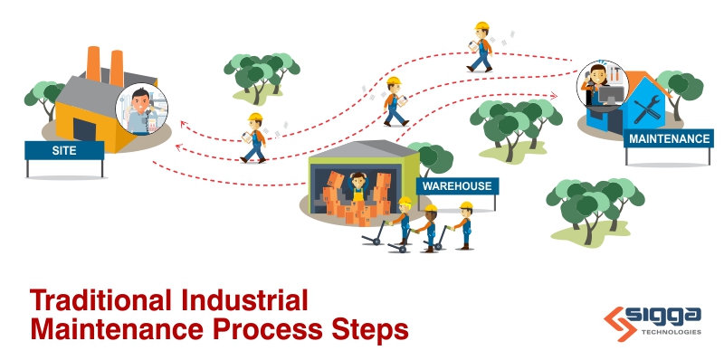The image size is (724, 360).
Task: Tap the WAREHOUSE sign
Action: point(455,187)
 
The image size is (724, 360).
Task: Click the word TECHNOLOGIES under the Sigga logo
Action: point(669,332)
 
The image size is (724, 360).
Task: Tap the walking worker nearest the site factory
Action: point(255,138)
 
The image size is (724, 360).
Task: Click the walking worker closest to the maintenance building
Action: point(481,47)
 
